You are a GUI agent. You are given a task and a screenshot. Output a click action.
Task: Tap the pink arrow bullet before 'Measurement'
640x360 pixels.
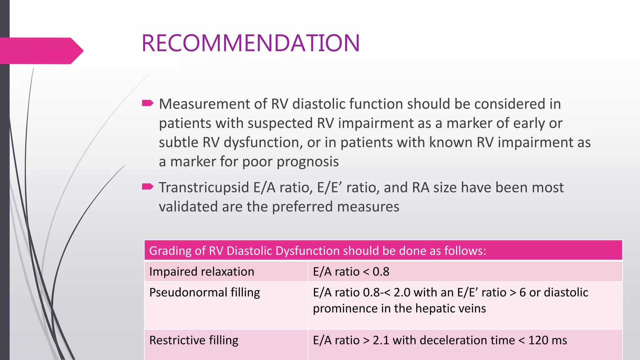point(147,103)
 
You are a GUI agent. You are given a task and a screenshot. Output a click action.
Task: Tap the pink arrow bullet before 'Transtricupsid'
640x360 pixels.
point(147,187)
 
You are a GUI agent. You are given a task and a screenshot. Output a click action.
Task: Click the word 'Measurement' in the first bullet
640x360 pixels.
point(204,104)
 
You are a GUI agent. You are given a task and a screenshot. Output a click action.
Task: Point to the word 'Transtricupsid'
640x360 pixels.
point(204,187)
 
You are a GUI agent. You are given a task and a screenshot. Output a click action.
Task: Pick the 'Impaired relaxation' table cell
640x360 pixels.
point(202,272)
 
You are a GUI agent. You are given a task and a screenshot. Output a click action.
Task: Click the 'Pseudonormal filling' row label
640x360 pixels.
point(204,292)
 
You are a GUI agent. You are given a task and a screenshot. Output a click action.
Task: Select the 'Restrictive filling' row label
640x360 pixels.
point(194,340)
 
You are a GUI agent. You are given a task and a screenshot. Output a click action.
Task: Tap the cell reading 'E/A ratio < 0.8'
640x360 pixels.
point(351,272)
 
